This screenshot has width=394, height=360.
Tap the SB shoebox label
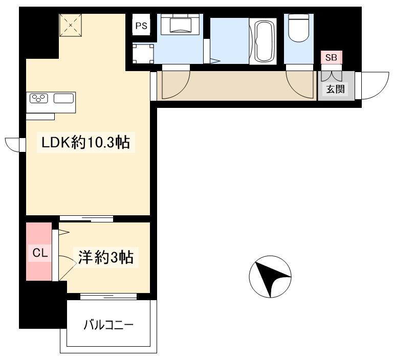pos(331,57)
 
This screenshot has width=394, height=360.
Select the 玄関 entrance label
pos(336,89)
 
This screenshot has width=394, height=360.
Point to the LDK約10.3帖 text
pos(85,143)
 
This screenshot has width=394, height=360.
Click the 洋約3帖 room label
pos(105,258)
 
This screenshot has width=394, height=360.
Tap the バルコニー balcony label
pos(108,325)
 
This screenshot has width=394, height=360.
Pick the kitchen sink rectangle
pos(64,98)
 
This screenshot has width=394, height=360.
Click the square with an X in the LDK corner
pos(71,25)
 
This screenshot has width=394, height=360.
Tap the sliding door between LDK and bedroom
pos(86,219)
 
